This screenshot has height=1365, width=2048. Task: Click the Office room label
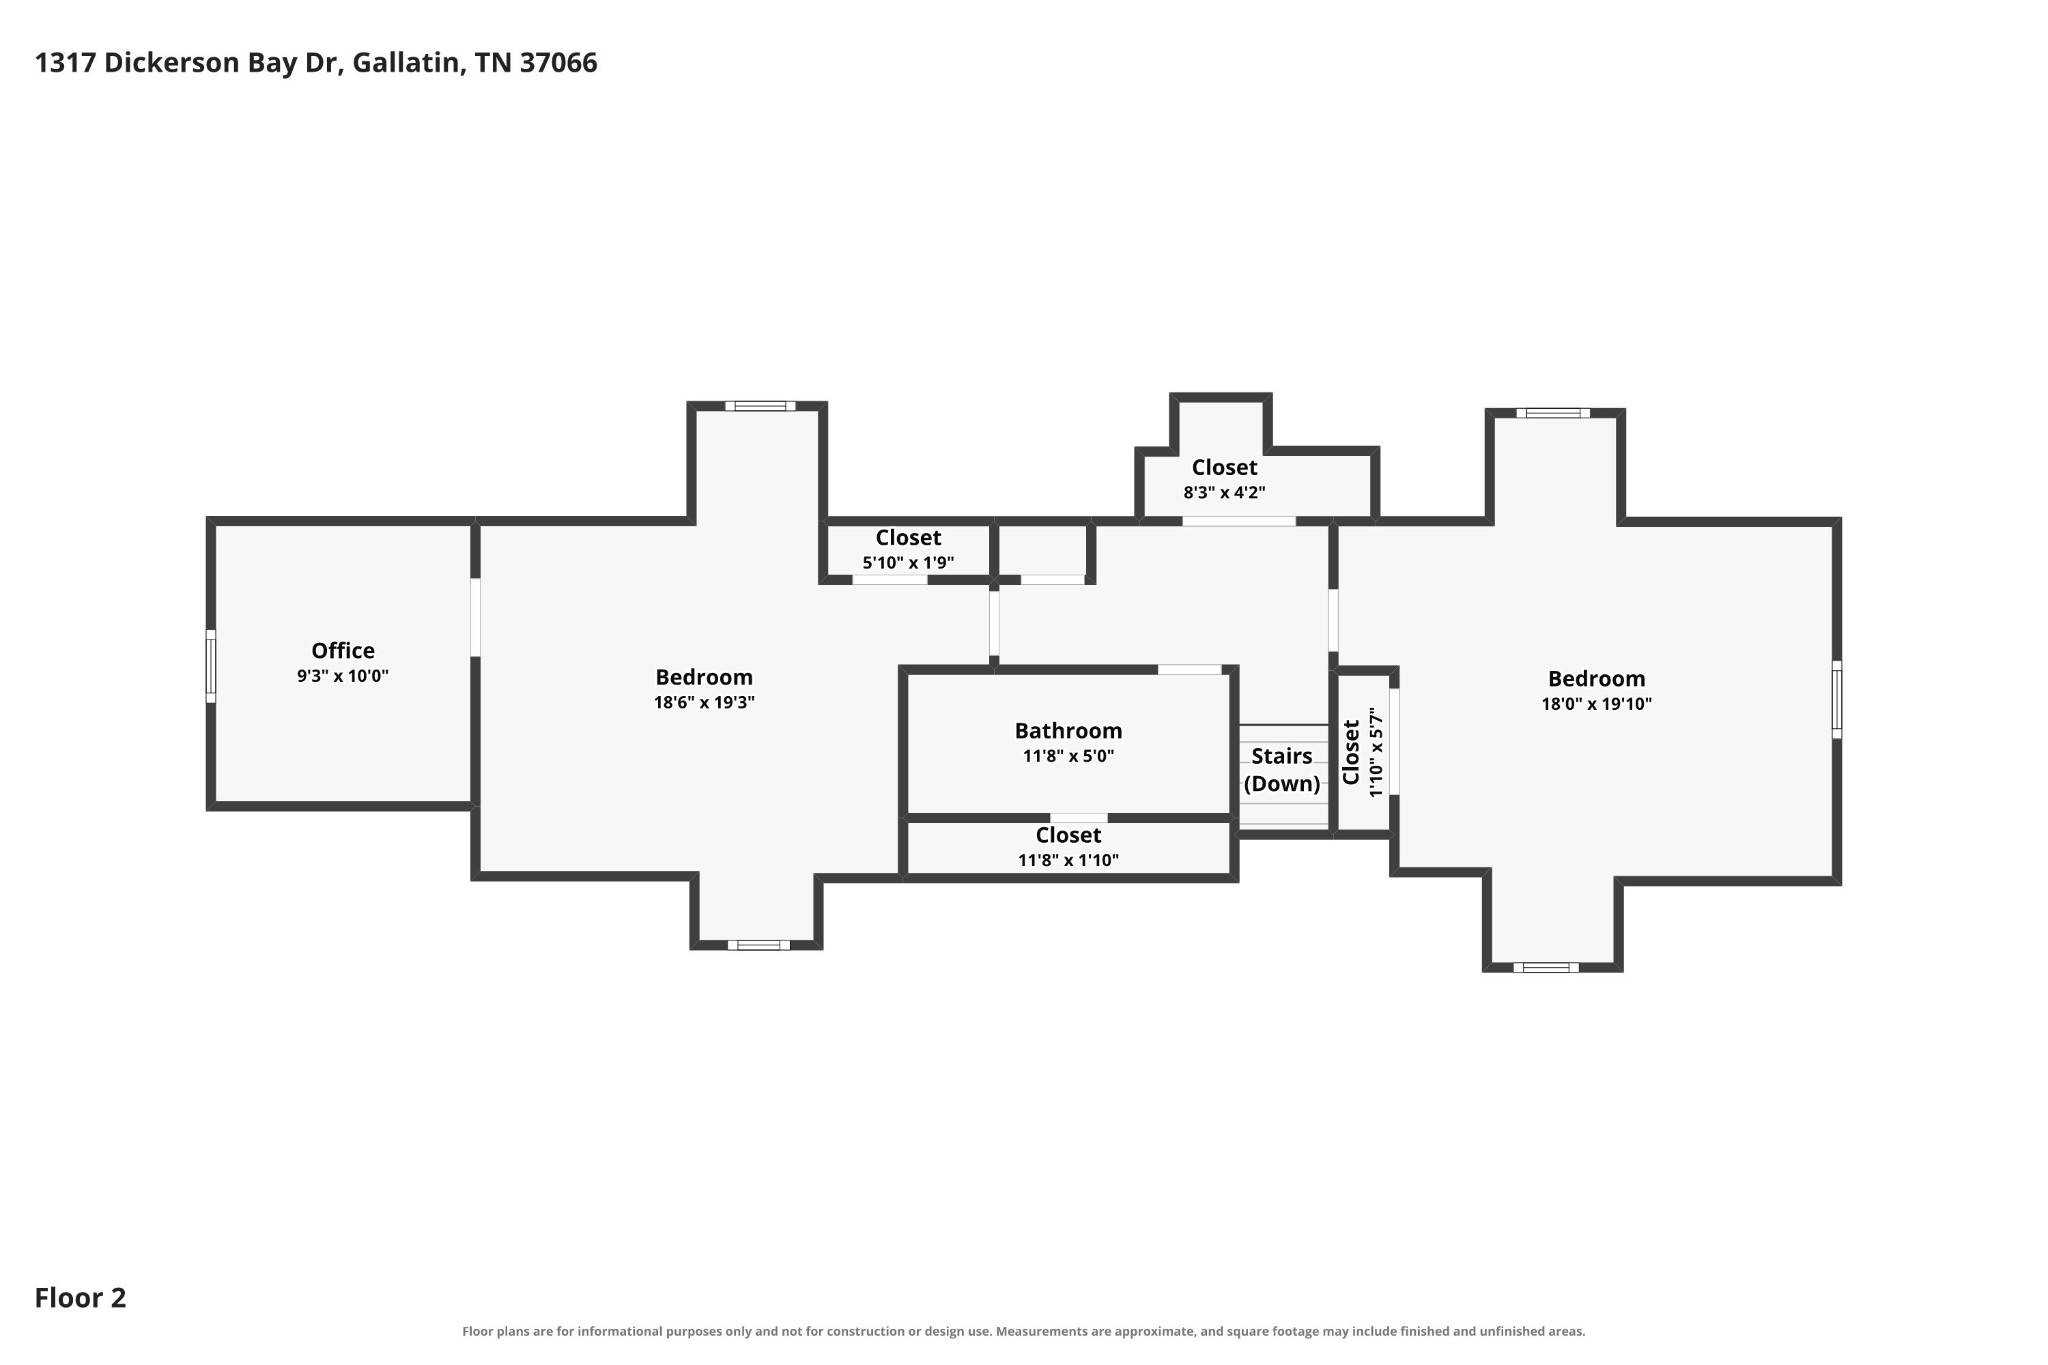[343, 651]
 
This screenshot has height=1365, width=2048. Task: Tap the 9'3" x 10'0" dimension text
[343, 676]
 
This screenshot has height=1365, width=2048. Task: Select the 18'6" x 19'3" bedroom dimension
[704, 702]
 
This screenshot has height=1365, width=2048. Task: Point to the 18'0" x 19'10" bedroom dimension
[1596, 703]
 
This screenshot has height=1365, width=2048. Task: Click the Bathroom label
[1068, 731]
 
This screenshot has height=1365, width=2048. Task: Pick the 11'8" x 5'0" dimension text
[1068, 756]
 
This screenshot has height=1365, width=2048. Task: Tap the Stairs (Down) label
[1282, 770]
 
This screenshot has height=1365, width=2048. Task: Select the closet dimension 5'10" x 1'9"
[908, 563]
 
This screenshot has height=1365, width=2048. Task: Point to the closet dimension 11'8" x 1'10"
[1068, 860]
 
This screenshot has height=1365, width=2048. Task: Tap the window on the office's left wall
[211, 666]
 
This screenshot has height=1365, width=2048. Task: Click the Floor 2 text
[80, 1298]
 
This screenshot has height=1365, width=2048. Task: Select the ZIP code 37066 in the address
[558, 63]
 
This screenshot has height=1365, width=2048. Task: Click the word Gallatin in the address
[407, 63]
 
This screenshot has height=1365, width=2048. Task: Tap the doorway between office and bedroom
[475, 617]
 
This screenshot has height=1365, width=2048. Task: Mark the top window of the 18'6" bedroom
[760, 406]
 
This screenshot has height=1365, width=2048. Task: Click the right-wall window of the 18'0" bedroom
[1836, 700]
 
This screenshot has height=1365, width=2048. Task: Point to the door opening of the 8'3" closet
[1239, 521]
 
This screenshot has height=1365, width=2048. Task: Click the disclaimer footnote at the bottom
[1023, 1331]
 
